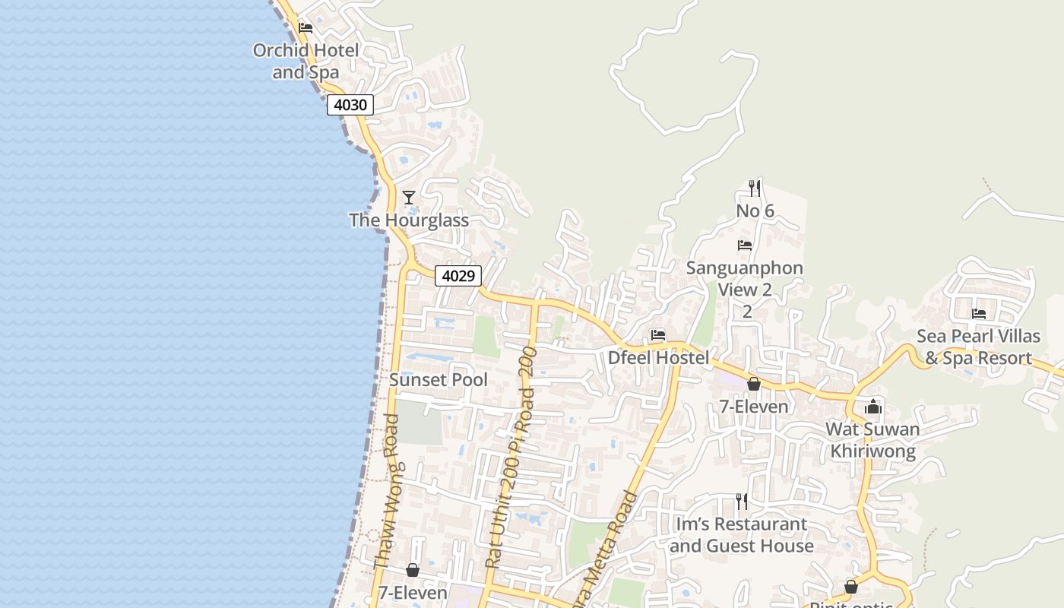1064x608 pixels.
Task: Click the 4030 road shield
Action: click(x=350, y=105)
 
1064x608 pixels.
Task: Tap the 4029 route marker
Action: click(x=458, y=276)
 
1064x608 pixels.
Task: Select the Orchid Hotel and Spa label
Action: click(x=306, y=62)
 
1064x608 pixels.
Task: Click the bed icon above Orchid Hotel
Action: click(x=306, y=28)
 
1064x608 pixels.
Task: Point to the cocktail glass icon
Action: click(x=409, y=198)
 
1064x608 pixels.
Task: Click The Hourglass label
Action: click(x=409, y=220)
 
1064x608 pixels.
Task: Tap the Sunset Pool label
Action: click(x=439, y=380)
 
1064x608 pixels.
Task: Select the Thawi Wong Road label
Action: click(x=387, y=492)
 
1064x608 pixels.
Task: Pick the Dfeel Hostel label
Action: click(x=658, y=358)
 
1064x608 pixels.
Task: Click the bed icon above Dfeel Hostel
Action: click(x=658, y=334)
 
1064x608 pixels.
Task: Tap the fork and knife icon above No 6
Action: click(x=755, y=188)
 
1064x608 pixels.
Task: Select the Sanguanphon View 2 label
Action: click(x=744, y=279)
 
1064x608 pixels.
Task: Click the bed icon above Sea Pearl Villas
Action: click(x=979, y=313)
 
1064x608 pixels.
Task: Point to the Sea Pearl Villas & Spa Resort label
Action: click(x=979, y=347)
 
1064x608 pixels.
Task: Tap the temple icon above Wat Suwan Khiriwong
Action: click(x=873, y=407)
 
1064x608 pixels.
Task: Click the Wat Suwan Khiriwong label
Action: click(x=873, y=440)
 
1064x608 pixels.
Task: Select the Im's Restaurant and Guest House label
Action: click(x=741, y=535)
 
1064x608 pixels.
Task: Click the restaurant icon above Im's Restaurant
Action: click(x=741, y=502)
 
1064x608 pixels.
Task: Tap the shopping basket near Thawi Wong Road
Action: click(x=413, y=570)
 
